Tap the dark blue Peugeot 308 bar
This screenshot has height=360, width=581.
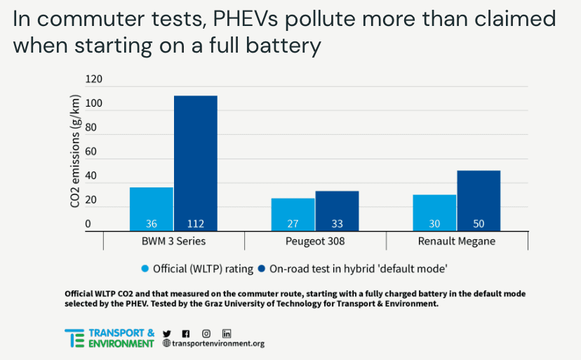coord(337,211)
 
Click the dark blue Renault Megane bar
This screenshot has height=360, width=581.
coord(478,200)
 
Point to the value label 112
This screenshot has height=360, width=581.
coord(195,225)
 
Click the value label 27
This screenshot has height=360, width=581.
coord(293,225)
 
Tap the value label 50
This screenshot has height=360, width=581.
coord(478,225)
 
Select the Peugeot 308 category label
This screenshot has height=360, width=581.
coord(315,241)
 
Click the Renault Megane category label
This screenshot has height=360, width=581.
coord(456,241)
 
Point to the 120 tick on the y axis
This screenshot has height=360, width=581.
coord(93,79)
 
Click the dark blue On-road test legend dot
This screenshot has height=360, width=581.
coord(262,268)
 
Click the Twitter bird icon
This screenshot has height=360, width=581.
coord(166,333)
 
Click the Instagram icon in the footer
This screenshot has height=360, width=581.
coord(206,333)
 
